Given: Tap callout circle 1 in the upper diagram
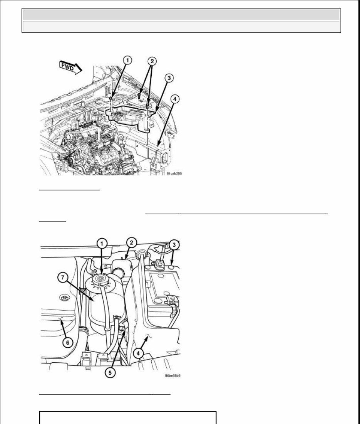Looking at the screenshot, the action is (127, 60).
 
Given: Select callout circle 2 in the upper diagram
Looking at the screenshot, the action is (152, 61).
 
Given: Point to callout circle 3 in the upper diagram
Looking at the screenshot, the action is (169, 78).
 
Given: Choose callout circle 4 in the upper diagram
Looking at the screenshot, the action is (175, 99).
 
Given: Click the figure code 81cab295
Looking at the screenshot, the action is (174, 173).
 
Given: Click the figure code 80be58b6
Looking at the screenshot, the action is (173, 375).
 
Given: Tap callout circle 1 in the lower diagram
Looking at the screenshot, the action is (102, 244).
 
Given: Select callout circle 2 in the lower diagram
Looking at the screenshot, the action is (132, 242).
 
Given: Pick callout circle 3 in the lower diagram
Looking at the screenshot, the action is (174, 245).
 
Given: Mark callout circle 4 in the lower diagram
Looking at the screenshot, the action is (138, 353).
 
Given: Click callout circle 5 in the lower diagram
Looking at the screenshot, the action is (110, 373).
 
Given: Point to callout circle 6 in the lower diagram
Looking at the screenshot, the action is (67, 343).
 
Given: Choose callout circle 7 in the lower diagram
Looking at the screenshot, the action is (63, 278).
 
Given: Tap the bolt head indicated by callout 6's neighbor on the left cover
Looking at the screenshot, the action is (64, 298).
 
